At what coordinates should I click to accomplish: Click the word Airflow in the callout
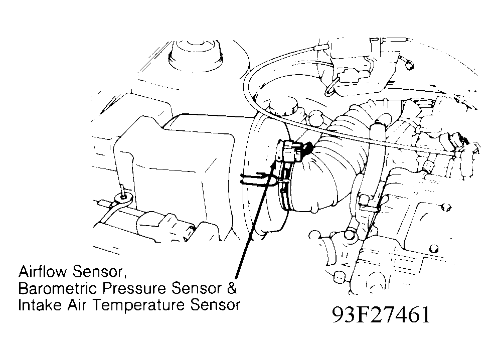coord(43,272)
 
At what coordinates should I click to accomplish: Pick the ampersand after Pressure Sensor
coord(232,288)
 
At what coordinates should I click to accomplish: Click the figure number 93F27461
coord(381,314)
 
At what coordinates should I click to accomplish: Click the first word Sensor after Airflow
coord(97,272)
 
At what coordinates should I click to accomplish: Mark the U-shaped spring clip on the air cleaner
coord(253,179)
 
